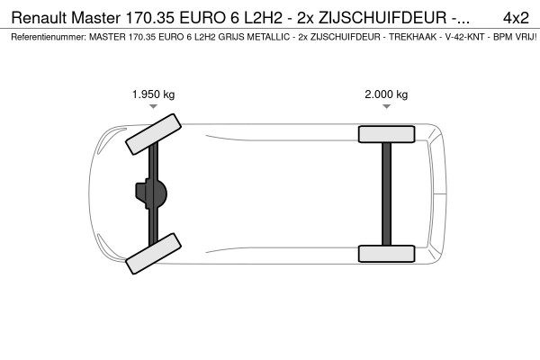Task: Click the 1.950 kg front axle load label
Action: pyautogui.click(x=154, y=94)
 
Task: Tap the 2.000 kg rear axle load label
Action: pyautogui.click(x=386, y=94)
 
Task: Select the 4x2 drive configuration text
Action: pyautogui.click(x=516, y=18)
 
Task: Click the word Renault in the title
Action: pyautogui.click(x=40, y=18)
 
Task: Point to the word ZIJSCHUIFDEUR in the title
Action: pyautogui.click(x=382, y=18)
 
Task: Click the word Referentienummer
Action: pyautogui.click(x=49, y=37)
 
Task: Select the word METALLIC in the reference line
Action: pyautogui.click(x=268, y=37)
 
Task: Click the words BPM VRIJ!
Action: pyautogui.click(x=515, y=37)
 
